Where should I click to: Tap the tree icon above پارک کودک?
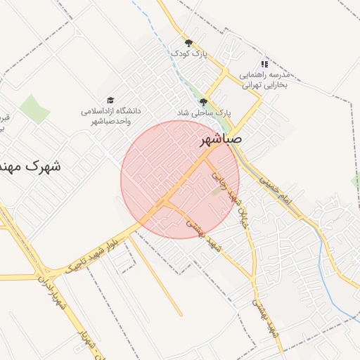[188, 43]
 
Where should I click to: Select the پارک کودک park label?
[188, 53]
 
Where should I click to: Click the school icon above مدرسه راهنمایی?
[264, 63]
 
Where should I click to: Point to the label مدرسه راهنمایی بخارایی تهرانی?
[264, 79]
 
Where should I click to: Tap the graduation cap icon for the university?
[110, 101]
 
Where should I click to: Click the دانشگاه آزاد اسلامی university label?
[111, 117]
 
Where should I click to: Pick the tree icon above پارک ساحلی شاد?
[203, 102]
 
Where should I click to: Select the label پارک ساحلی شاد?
[203, 112]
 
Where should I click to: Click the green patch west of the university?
[34, 108]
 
